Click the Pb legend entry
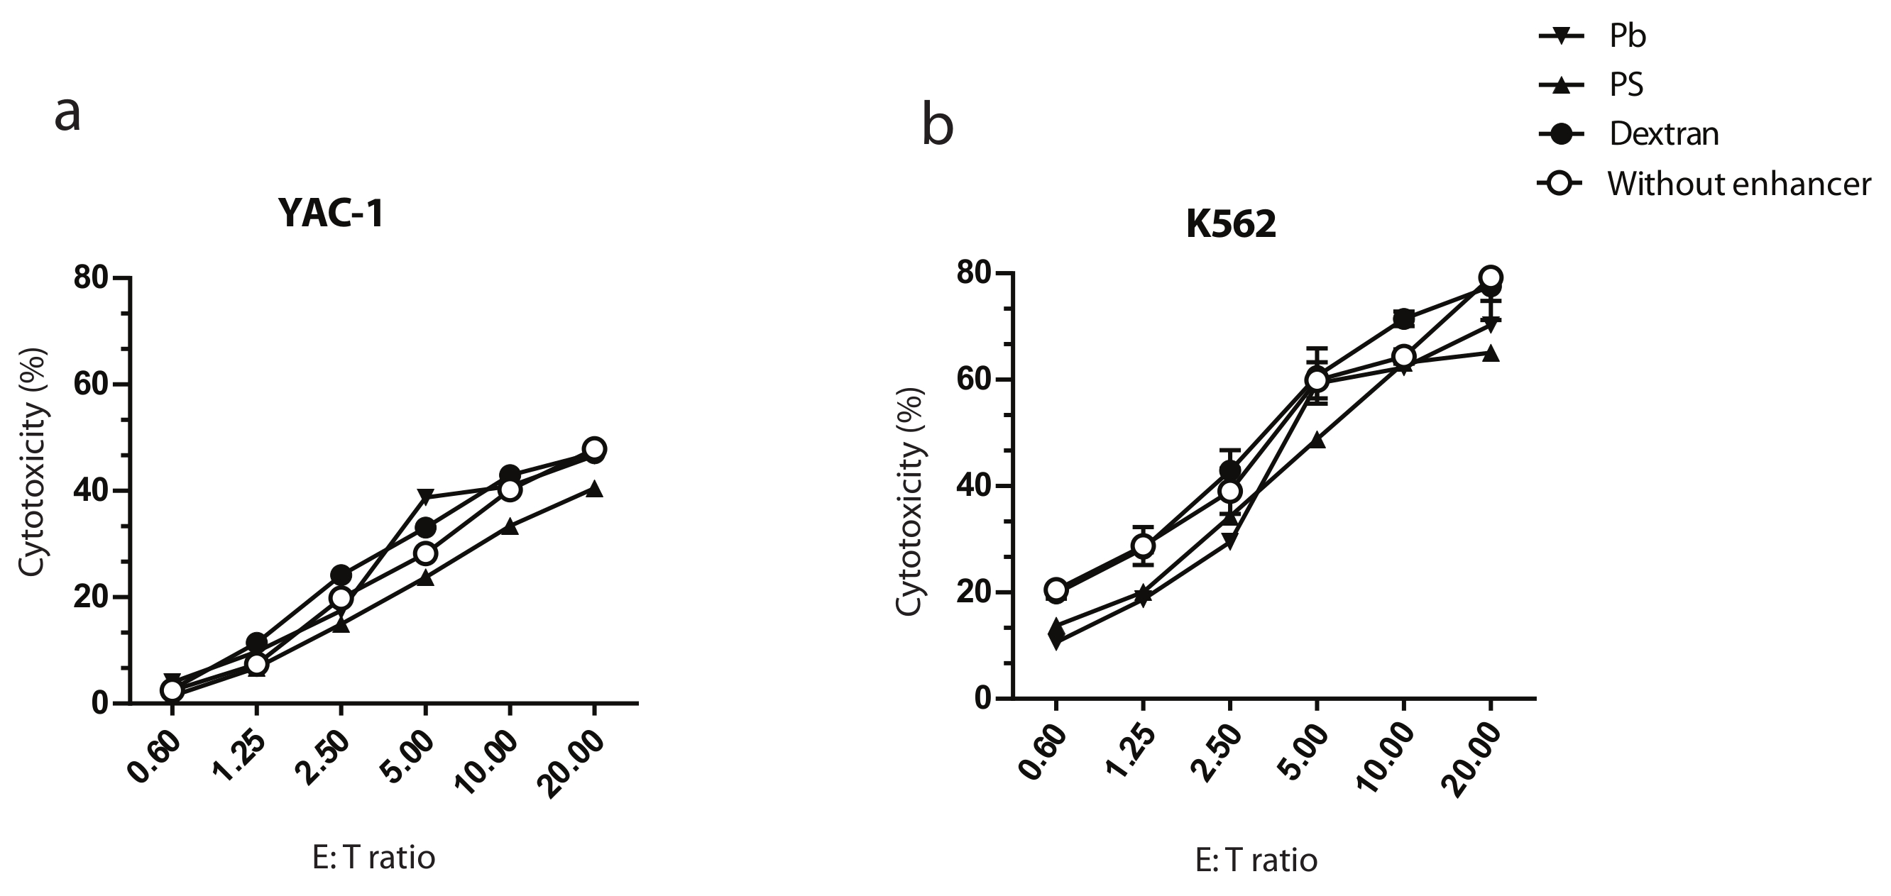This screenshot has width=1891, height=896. pyautogui.click(x=1628, y=35)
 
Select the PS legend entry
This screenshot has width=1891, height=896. pyautogui.click(x=1626, y=84)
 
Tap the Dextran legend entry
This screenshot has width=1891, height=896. pyautogui.click(x=1663, y=133)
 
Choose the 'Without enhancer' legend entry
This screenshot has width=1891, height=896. pyautogui.click(x=1738, y=184)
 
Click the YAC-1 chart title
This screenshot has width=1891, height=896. pyautogui.click(x=331, y=214)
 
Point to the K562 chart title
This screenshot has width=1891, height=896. pyautogui.click(x=1231, y=225)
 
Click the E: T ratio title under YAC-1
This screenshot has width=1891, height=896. pyautogui.click(x=373, y=856)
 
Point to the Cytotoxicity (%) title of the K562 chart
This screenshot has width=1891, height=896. pyautogui.click(x=911, y=501)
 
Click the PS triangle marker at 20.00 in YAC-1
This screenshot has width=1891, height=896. pyautogui.click(x=595, y=489)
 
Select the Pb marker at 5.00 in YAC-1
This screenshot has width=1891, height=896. pyautogui.click(x=426, y=497)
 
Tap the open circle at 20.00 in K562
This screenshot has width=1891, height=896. pyautogui.click(x=1490, y=277)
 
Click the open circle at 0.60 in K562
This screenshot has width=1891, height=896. pyautogui.click(x=1056, y=590)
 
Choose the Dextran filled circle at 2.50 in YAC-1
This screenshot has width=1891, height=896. pyautogui.click(x=341, y=575)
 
